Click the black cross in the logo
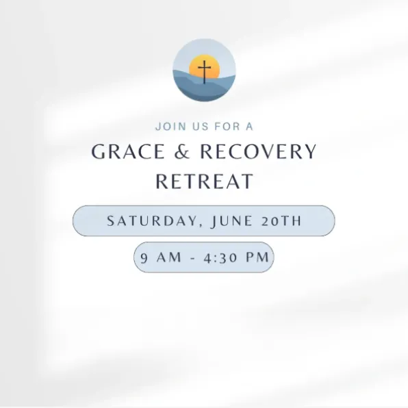coord(204,72)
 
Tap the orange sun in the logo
coord(204,66)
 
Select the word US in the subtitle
coord(201,127)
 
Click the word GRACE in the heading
coord(128,151)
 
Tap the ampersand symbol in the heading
coord(182,151)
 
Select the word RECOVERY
coord(258,151)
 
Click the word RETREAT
coord(204,181)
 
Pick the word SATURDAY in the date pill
coord(152,221)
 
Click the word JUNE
coord(232,221)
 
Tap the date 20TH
coord(281,221)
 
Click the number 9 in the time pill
coord(144,258)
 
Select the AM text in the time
coord(169,257)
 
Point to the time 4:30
coord(220,258)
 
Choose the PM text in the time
coord(257,257)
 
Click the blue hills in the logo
coord(204,86)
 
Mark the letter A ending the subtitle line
coord(249,127)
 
